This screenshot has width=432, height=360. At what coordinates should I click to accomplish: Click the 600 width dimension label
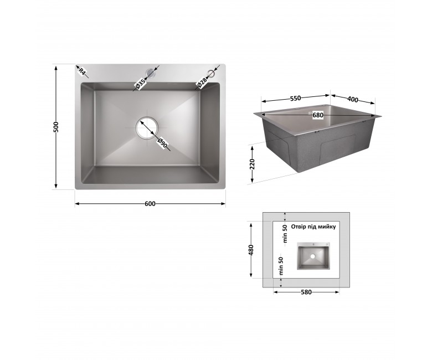(x=150, y=204)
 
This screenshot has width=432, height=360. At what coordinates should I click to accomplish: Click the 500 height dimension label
(x=56, y=127)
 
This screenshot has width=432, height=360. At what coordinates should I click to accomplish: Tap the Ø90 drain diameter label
(x=162, y=143)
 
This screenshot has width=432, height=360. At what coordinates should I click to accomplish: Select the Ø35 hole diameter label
(x=140, y=84)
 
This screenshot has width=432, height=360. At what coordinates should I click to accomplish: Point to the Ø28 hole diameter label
(x=202, y=83)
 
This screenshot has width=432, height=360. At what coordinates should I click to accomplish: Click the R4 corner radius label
(x=83, y=71)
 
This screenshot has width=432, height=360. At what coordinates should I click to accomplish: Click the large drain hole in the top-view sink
(x=147, y=127)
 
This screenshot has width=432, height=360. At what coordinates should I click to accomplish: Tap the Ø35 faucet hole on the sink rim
(x=151, y=73)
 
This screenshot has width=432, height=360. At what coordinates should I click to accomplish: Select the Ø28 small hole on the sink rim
(x=212, y=74)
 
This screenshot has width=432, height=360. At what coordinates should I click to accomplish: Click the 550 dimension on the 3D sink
(x=295, y=98)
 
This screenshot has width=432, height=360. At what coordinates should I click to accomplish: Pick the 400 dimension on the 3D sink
(x=353, y=99)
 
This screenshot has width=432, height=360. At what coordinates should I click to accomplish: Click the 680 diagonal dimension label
(x=318, y=115)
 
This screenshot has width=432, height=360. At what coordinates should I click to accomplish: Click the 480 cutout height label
(x=251, y=250)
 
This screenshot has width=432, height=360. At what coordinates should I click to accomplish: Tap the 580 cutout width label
(x=306, y=292)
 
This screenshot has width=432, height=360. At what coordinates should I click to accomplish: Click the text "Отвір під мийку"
(x=313, y=227)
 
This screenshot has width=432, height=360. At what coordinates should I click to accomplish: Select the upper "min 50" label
(x=285, y=234)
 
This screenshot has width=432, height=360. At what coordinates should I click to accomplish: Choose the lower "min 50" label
(x=281, y=266)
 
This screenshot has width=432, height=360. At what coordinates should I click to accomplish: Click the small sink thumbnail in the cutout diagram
(x=313, y=256)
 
